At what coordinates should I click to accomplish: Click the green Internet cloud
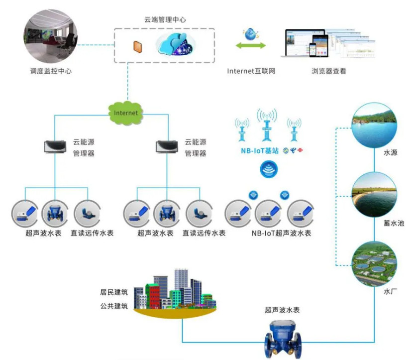pos(125,112)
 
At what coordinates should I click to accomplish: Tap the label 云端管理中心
pos(165,19)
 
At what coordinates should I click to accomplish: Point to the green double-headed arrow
pos(251,46)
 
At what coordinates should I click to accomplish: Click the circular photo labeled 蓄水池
pos(374,195)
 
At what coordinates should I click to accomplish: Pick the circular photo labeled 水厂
pos(374,262)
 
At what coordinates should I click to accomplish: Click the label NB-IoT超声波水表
pos(282,233)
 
